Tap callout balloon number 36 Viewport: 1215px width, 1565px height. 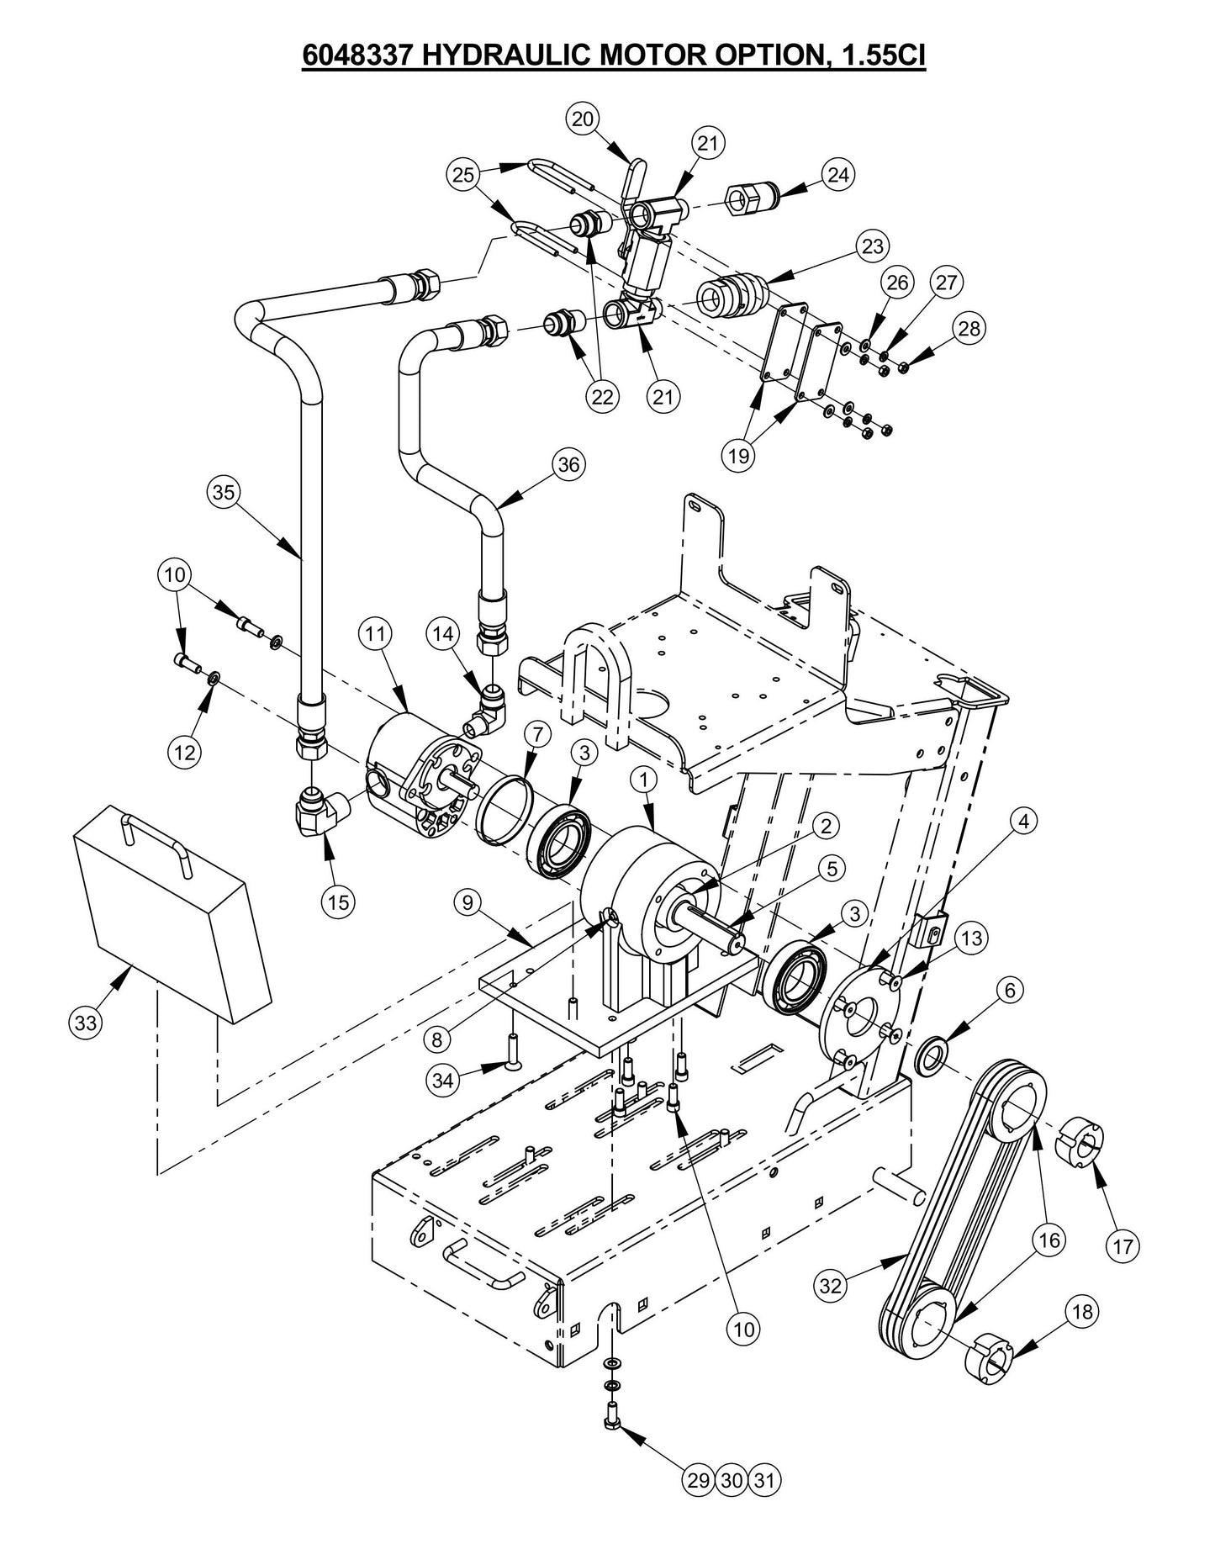[x=569, y=465]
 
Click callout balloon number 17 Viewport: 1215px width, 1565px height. [x=1124, y=1245]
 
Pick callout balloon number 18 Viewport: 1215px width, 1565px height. [x=1083, y=1311]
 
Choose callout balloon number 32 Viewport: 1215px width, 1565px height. [x=832, y=1285]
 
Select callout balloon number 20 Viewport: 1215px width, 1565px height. [x=583, y=119]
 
